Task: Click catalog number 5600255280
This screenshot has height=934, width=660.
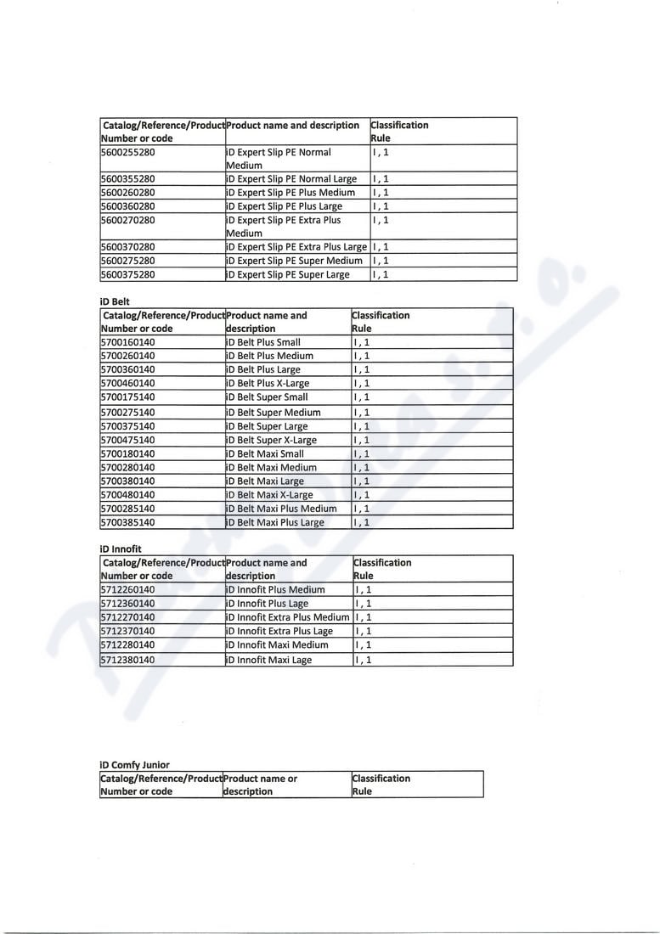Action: pos(127,153)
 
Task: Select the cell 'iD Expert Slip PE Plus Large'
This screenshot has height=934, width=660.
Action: pos(285,206)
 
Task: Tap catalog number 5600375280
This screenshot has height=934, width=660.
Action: pos(127,275)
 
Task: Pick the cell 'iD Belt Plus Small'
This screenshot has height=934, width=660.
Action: pos(263,342)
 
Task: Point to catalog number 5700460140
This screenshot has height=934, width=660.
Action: pos(127,383)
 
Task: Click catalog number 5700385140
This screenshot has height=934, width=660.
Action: pos(127,522)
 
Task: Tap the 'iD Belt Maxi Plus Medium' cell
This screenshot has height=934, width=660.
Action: pos(281,509)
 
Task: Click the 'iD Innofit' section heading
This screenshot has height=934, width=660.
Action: pos(121,549)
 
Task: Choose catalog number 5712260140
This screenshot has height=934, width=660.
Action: pos(127,589)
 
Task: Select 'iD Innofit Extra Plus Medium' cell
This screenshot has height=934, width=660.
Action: pos(288,617)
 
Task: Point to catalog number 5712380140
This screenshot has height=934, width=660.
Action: pos(127,660)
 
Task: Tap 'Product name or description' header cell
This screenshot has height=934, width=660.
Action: pos(260,785)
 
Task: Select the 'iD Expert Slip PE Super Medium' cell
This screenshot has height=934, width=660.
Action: pos(294,261)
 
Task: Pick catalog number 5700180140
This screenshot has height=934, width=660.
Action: pos(127,453)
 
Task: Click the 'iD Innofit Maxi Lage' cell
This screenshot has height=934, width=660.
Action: pos(269,660)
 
